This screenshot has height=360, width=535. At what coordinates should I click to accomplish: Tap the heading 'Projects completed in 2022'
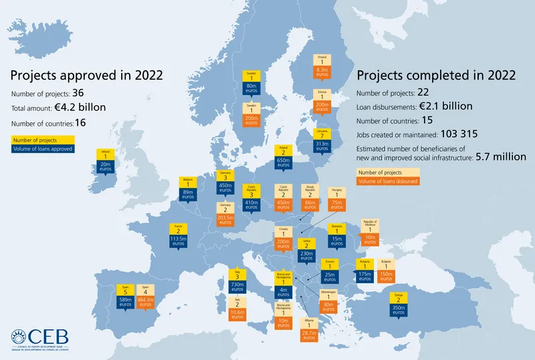435,75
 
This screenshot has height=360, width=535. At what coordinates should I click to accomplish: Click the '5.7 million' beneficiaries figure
500,157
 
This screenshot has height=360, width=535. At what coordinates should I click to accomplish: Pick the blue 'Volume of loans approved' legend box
42,149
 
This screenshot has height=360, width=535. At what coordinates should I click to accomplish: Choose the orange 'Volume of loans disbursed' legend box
388,181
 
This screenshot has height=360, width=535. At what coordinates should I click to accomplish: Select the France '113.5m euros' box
177,242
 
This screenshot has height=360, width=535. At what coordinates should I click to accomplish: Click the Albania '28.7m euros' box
309,335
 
